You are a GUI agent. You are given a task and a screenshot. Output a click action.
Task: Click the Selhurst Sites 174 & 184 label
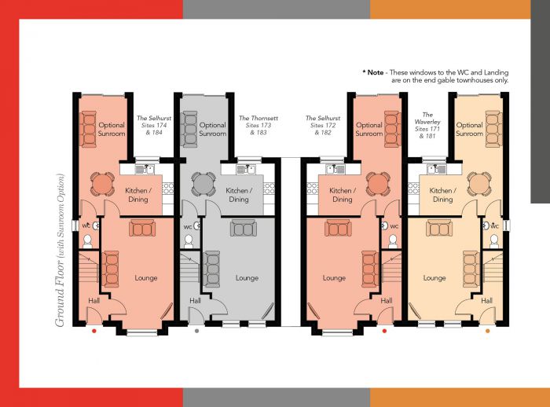tap(150, 125)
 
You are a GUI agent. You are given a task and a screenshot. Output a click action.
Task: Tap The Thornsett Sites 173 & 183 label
tap(257, 125)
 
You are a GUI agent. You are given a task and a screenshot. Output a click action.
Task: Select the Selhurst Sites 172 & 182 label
tap(323, 125)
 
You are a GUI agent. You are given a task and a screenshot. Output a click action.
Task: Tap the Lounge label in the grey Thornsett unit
tap(247, 278)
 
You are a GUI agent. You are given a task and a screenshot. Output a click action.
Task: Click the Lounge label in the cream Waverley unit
tap(434, 278)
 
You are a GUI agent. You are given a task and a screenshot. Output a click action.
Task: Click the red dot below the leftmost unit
tap(94, 331)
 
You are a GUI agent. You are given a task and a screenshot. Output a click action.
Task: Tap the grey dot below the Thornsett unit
tap(196, 331)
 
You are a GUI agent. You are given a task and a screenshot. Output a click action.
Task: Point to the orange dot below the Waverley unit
tap(488, 331)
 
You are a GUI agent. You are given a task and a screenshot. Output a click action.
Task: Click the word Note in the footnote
tap(375, 72)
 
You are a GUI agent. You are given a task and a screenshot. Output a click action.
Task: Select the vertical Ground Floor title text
tap(60, 272)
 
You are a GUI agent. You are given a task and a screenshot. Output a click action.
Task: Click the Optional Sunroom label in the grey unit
tap(212, 129)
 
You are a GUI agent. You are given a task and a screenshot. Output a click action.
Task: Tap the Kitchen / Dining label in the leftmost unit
tap(137, 195)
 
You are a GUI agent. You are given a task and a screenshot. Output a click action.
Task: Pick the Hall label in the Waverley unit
tap(486, 301)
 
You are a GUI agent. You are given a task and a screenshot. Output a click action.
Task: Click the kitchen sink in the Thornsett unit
tap(247, 167)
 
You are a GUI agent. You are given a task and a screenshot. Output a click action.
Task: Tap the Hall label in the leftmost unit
tap(93, 301)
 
